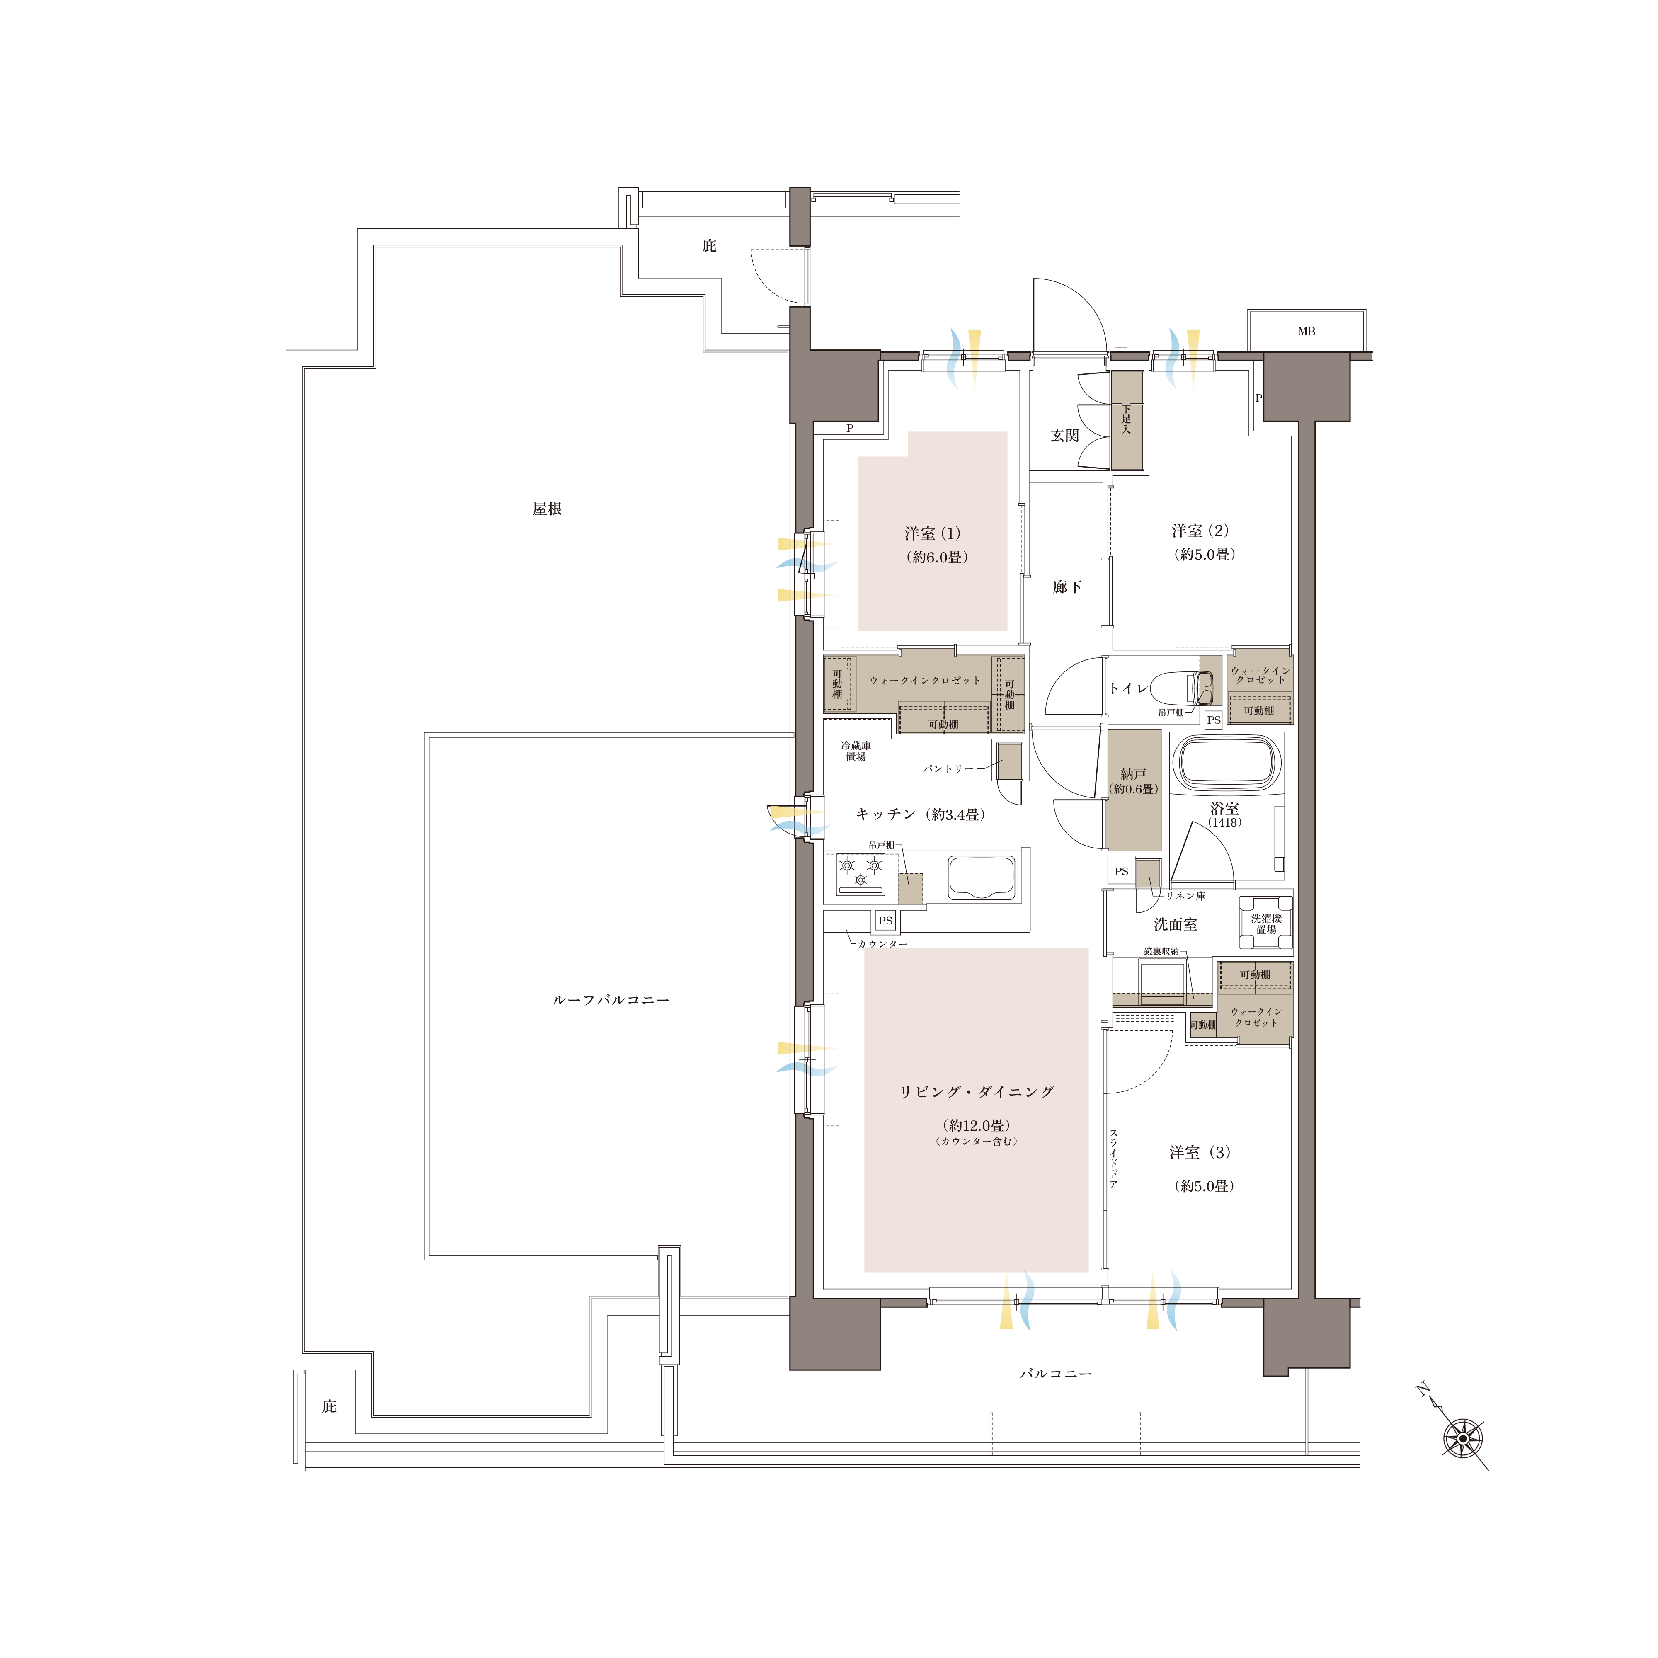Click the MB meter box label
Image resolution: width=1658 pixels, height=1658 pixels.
(1306, 331)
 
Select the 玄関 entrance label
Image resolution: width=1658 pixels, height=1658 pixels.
(1065, 436)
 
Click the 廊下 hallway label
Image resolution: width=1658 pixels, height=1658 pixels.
(1067, 587)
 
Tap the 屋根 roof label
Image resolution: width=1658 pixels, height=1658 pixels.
(547, 509)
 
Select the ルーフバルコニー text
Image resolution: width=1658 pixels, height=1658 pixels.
(610, 1000)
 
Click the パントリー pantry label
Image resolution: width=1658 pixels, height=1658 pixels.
(948, 769)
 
